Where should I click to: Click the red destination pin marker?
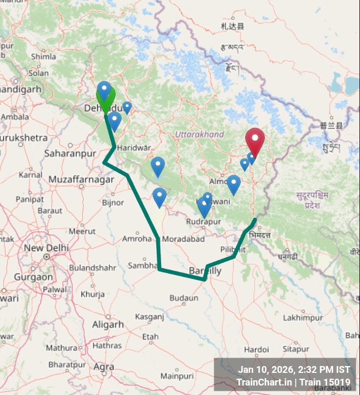255,140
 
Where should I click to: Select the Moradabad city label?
183,239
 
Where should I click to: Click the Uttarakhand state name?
199,134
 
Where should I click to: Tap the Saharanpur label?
71,153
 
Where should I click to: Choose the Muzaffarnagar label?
81,180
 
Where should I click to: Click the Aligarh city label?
107,324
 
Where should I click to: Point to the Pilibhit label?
233,249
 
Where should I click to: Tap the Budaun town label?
184,298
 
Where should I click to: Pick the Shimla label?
43,56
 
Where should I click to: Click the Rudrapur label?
203,222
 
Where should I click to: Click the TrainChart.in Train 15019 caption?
293,382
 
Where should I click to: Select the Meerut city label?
82,231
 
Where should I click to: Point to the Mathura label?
61,348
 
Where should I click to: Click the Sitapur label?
296,349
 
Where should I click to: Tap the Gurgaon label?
33,276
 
